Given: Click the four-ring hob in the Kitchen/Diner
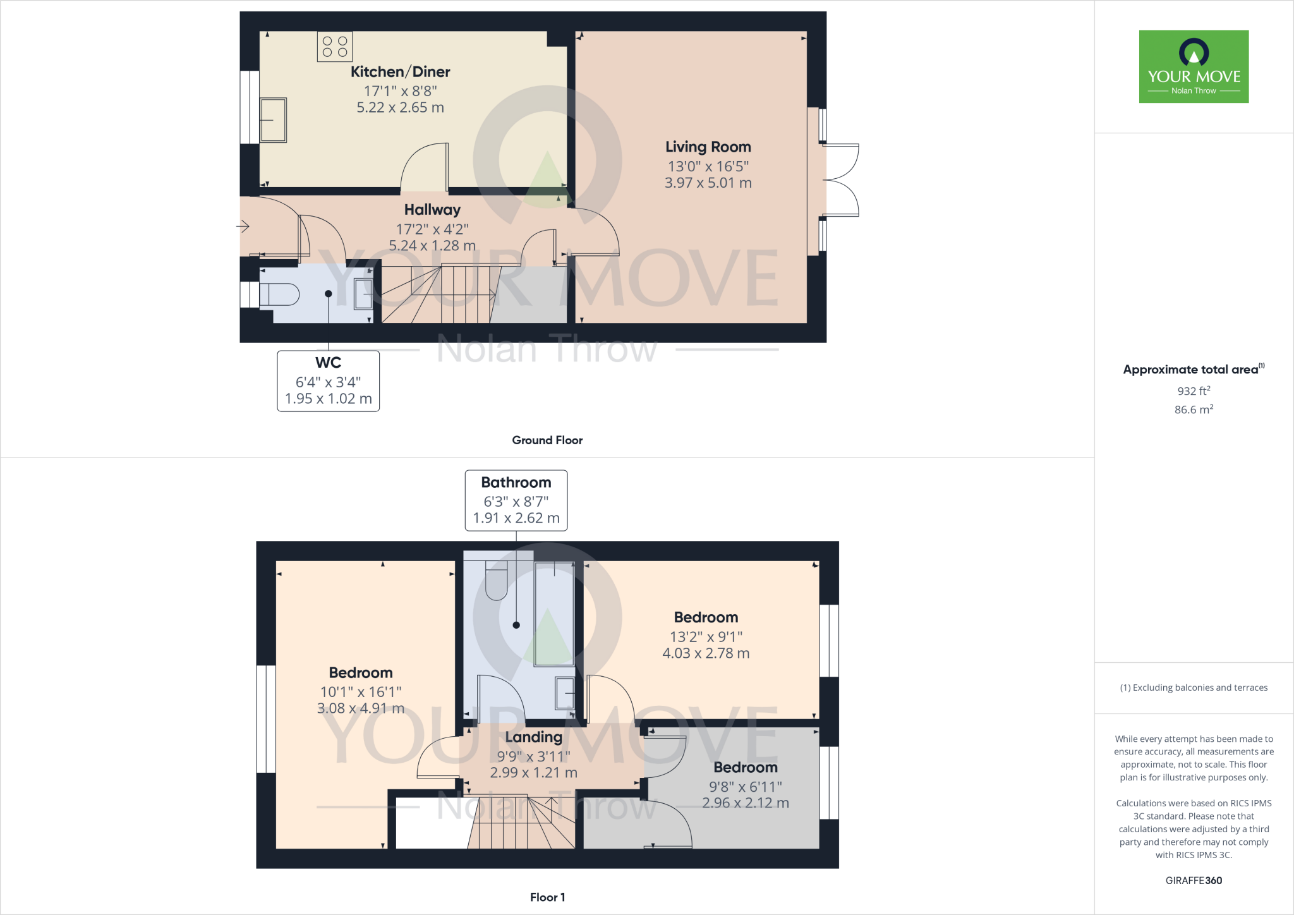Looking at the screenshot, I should pyautogui.click(x=335, y=47).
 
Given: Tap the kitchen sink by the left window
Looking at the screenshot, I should pyautogui.click(x=273, y=120).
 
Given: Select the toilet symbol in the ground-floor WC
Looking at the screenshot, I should pyautogui.click(x=280, y=294).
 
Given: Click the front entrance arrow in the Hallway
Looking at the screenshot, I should pyautogui.click(x=243, y=226).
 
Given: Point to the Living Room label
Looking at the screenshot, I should pyautogui.click(x=708, y=147).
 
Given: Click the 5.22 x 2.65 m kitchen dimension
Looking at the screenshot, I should pyautogui.click(x=400, y=107).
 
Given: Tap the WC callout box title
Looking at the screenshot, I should pyautogui.click(x=328, y=363).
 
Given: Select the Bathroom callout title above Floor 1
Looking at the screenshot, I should pyautogui.click(x=516, y=482).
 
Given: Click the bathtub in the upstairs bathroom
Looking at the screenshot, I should pyautogui.click(x=554, y=613).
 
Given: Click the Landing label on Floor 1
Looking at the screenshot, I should pyautogui.click(x=533, y=737).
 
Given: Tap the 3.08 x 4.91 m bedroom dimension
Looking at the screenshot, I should pyautogui.click(x=360, y=708).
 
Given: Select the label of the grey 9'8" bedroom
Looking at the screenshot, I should pyautogui.click(x=745, y=767).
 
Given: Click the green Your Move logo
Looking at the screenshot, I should pyautogui.click(x=1194, y=66).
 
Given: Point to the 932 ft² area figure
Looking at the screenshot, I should pyautogui.click(x=1194, y=391).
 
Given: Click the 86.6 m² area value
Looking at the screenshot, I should pyautogui.click(x=1194, y=409).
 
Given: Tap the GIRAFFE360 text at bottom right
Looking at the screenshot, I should pyautogui.click(x=1194, y=880).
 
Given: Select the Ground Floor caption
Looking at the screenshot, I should pyautogui.click(x=547, y=440).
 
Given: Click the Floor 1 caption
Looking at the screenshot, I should pyautogui.click(x=547, y=897).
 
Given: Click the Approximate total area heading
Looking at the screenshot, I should pyautogui.click(x=1192, y=370).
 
